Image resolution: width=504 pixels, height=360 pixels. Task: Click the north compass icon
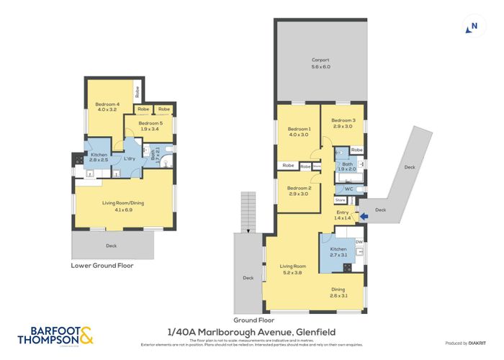coord(472,27)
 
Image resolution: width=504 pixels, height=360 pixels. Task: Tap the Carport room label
coord(320,63)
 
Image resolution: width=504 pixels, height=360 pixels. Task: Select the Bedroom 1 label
coord(298,131)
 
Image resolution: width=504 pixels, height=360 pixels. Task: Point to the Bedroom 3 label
coord(343,123)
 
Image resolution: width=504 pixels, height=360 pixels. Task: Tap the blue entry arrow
coord(363,215)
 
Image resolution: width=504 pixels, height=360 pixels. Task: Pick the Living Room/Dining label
coord(125,204)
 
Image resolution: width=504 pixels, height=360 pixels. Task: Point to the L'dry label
coord(130,158)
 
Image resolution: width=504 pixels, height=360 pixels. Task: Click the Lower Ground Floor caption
coord(102,265)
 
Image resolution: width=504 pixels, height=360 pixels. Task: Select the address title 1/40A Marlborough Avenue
coord(252,331)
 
